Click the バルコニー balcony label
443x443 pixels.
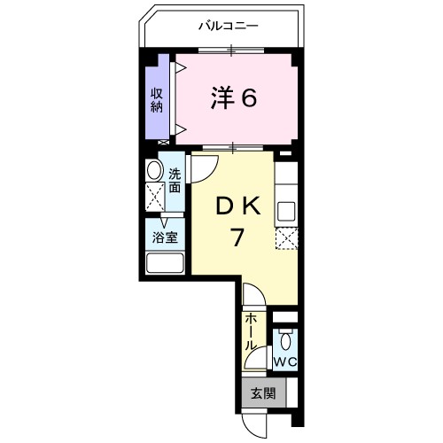(228, 27)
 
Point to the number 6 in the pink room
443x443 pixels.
(249, 98)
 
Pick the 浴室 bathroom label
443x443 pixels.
(164, 237)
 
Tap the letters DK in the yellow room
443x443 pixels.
(237, 206)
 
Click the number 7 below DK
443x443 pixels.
(237, 237)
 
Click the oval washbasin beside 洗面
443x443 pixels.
(154, 172)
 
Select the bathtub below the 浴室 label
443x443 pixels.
(164, 264)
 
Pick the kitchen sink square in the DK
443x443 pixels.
(288, 212)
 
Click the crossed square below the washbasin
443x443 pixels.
(154, 198)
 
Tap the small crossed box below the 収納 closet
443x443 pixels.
(162, 141)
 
